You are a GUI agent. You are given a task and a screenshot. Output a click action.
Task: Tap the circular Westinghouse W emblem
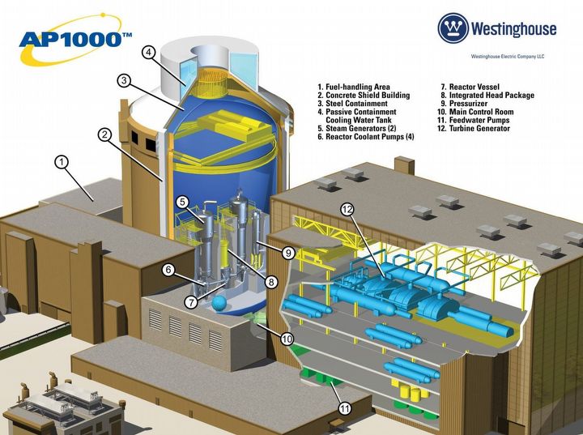coord(453,28)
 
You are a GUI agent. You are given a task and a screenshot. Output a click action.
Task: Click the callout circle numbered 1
coord(62,161)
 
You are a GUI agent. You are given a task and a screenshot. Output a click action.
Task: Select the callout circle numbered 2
coord(104,135)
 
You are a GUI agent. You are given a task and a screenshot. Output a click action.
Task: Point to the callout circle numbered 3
coord(124,80)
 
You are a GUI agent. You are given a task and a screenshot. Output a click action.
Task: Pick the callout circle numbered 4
coord(149,53)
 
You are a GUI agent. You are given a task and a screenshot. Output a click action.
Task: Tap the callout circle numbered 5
coord(183,201)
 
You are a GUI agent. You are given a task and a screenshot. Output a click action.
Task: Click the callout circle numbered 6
coord(168,271)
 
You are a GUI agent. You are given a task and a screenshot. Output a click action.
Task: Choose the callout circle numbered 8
coord(271,282)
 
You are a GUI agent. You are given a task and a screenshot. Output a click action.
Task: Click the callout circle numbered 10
coord(287,339)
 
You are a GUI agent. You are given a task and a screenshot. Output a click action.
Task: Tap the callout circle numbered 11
coord(345,408)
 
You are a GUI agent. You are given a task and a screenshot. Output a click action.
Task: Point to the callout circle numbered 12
coord(347,209)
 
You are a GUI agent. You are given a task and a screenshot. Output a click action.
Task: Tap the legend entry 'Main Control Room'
coord(482,112)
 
